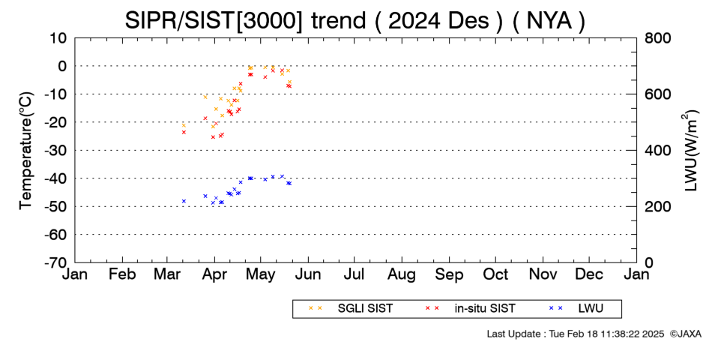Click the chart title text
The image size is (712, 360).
pyautogui.click(x=355, y=20)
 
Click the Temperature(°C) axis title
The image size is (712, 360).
pyautogui.click(x=26, y=151)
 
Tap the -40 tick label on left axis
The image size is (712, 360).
pyautogui.click(x=55, y=178)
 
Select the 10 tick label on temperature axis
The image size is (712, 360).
pyautogui.click(x=58, y=37)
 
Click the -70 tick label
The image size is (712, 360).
pyautogui.click(x=55, y=262)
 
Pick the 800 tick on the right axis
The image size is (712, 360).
pyautogui.click(x=657, y=37)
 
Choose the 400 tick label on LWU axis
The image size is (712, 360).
pyautogui.click(x=657, y=151)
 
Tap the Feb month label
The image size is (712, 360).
pyautogui.click(x=123, y=274)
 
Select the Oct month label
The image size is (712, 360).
pyautogui.click(x=495, y=274)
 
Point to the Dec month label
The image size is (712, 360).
pyautogui.click(x=589, y=274)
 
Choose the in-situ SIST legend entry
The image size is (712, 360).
pyautogui.click(x=470, y=309)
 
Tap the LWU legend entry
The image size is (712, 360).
pyautogui.click(x=576, y=309)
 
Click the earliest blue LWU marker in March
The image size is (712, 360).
pyautogui.click(x=184, y=201)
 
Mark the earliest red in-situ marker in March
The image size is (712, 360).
pyautogui.click(x=184, y=132)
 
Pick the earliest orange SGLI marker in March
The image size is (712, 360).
pyautogui.click(x=184, y=125)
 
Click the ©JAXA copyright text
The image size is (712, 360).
pyautogui.click(x=685, y=334)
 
